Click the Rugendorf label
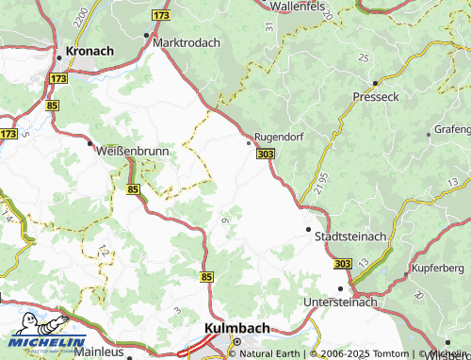(280, 135)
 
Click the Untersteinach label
(340, 302)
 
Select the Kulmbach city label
(237, 328)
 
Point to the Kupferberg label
(440, 270)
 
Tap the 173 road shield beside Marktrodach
(161, 17)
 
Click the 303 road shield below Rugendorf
(265, 154)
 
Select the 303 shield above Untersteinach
(341, 263)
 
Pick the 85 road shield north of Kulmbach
(206, 276)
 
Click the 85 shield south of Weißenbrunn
(132, 189)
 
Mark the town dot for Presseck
(374, 83)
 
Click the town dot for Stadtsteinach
(308, 229)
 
